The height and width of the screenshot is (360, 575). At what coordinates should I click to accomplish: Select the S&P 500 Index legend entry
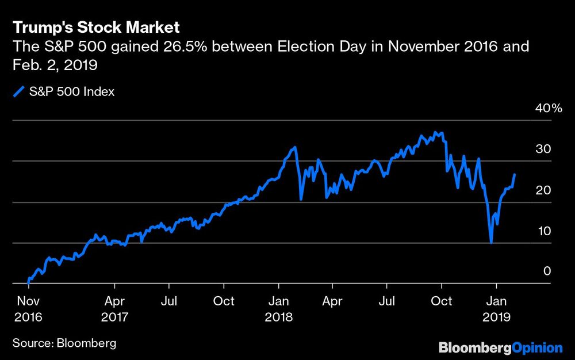64,91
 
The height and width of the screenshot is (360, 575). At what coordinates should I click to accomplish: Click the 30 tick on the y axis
544,150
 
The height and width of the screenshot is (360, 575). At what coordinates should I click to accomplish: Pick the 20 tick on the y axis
544,190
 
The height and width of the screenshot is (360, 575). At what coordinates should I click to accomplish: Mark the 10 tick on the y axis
544,231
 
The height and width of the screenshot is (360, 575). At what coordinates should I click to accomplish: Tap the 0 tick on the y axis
547,271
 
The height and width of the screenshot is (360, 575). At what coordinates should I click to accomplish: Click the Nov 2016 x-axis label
28,308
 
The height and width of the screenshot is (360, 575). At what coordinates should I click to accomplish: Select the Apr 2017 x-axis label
115,308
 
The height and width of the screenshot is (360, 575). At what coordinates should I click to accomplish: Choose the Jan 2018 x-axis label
279,308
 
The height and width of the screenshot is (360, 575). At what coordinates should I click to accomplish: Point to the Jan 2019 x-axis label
497,308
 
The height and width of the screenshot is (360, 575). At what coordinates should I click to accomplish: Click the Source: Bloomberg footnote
64,343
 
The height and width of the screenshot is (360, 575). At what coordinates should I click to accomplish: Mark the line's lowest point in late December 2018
491,243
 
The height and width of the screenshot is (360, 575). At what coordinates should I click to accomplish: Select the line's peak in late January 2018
295,147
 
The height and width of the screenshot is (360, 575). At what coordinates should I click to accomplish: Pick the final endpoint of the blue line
514,174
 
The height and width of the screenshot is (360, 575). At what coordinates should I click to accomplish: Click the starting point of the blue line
28,282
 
